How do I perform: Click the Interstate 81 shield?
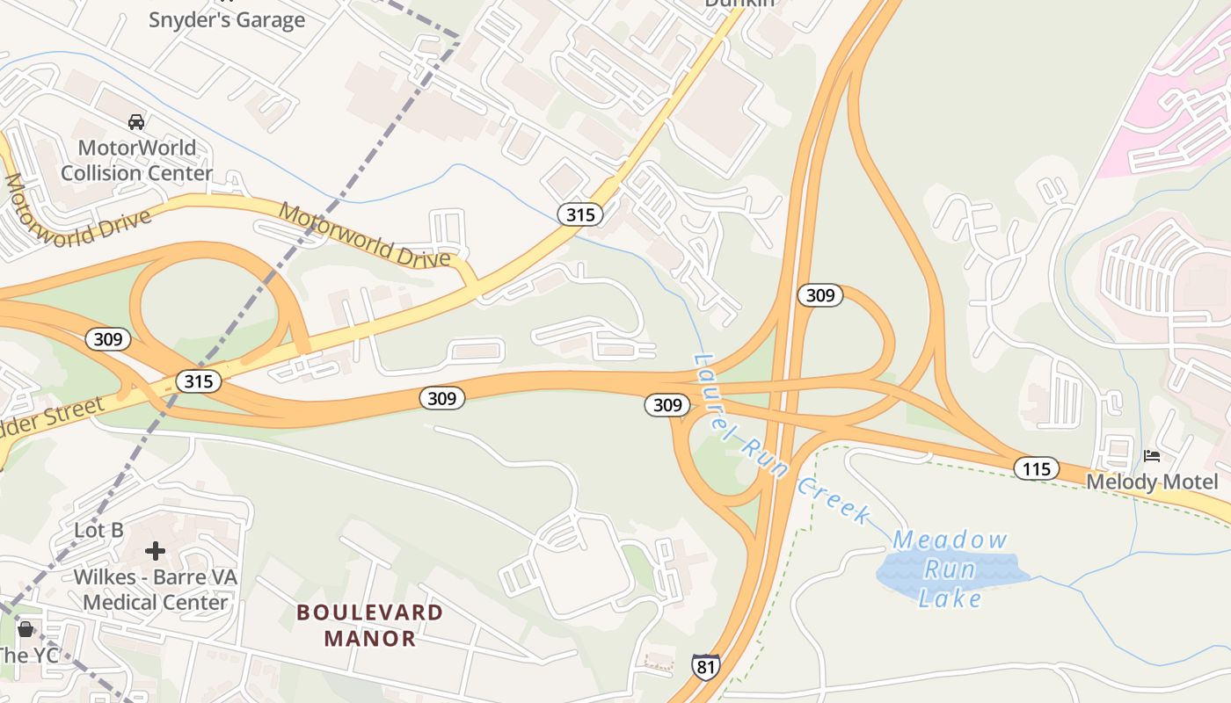click(705, 666)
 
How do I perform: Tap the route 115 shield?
click(1036, 468)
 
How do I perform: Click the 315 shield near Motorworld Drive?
click(580, 214)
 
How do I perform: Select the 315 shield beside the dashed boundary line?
click(198, 381)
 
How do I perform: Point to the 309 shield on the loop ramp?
click(819, 295)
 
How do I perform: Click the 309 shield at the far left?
click(108, 338)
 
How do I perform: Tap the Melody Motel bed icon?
click(1152, 455)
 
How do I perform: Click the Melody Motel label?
click(1152, 482)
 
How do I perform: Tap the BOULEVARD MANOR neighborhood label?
click(369, 625)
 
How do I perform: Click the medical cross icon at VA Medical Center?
click(156, 551)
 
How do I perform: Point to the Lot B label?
click(98, 530)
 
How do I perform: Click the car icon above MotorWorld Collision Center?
click(136, 122)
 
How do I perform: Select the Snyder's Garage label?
click(227, 19)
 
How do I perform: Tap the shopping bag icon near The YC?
click(25, 629)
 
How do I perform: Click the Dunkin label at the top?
click(739, 4)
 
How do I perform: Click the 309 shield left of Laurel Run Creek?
click(667, 405)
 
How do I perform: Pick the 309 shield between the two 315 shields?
click(441, 398)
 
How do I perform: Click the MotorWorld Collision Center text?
click(136, 160)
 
